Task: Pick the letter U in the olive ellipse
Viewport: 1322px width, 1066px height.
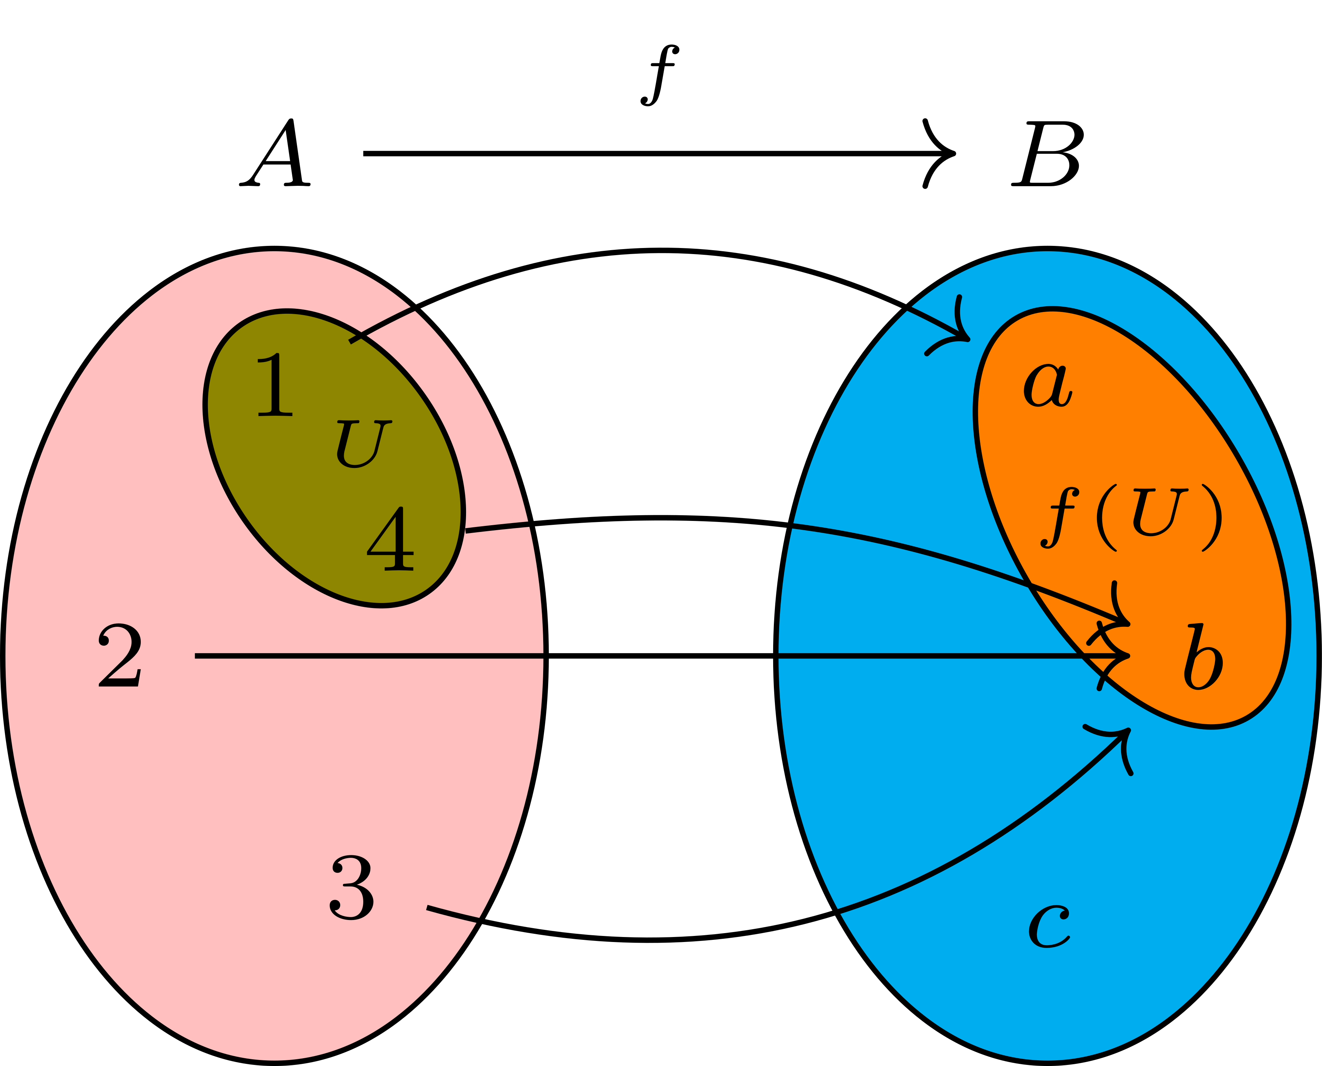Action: click(364, 443)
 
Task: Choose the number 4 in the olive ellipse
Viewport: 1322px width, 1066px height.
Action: click(391, 539)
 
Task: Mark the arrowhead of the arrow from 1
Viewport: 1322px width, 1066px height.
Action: click(966, 338)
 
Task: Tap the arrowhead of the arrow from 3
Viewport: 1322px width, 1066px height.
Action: click(1125, 733)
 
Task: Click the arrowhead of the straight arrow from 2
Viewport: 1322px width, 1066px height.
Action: click(1125, 656)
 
